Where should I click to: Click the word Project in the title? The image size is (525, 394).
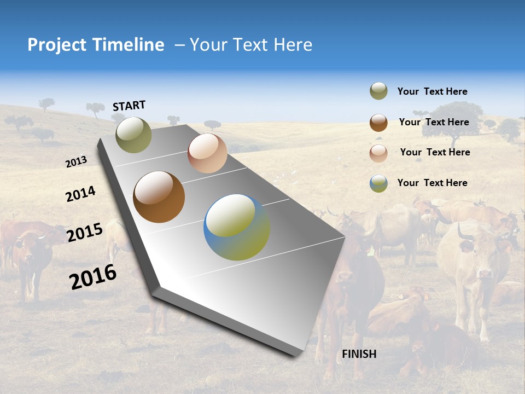click(57, 45)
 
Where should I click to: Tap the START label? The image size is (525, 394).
click(129, 106)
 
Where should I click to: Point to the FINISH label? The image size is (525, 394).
click(359, 354)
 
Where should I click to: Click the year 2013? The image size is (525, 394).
click(76, 162)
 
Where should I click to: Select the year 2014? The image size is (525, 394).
click(80, 194)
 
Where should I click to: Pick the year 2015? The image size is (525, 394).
click(85, 233)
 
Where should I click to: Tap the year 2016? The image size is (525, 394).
click(93, 276)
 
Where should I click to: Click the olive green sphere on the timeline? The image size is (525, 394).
click(133, 135)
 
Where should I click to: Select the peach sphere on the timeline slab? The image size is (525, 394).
click(207, 153)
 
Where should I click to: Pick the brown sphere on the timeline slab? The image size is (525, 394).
click(159, 197)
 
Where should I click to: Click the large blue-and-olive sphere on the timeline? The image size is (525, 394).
click(237, 227)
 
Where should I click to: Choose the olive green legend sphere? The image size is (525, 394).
click(378, 91)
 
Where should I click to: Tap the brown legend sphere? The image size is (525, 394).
click(378, 123)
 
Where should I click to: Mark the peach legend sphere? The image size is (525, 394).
click(378, 153)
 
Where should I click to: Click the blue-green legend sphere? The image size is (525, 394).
click(378, 183)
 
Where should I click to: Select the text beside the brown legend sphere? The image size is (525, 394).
click(434, 122)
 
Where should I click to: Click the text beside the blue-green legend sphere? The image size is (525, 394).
click(432, 183)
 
